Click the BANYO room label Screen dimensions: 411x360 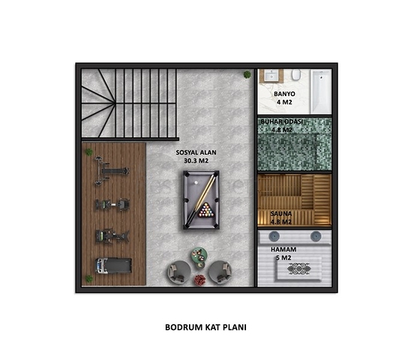click(x=284, y=94)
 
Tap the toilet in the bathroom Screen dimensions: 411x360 click(x=296, y=74)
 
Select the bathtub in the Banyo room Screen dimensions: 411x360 click(x=321, y=91)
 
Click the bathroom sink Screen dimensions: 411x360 click(x=271, y=76)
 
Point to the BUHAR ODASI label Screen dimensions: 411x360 click(x=281, y=121)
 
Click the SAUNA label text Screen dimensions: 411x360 click(x=281, y=214)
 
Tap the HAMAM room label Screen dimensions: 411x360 click(x=283, y=249)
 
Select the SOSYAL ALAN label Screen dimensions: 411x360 click(x=196, y=152)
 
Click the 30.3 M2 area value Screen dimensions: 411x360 click(x=196, y=160)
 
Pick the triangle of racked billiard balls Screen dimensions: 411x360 click(x=206, y=210)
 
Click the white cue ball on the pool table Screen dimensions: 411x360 click(x=196, y=182)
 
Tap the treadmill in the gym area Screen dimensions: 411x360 click(x=113, y=265)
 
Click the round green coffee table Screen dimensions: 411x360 click(x=199, y=255)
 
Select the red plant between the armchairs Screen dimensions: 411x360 click(x=199, y=280)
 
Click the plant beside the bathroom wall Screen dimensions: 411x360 click(x=247, y=75)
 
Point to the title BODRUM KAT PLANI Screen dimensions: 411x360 click(x=205, y=327)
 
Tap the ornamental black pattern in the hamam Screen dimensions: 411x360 click(x=298, y=268)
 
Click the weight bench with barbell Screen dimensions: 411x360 click(x=112, y=171)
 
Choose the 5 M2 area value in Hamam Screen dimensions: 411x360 click(x=283, y=258)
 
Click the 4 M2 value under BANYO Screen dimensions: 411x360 click(x=284, y=102)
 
